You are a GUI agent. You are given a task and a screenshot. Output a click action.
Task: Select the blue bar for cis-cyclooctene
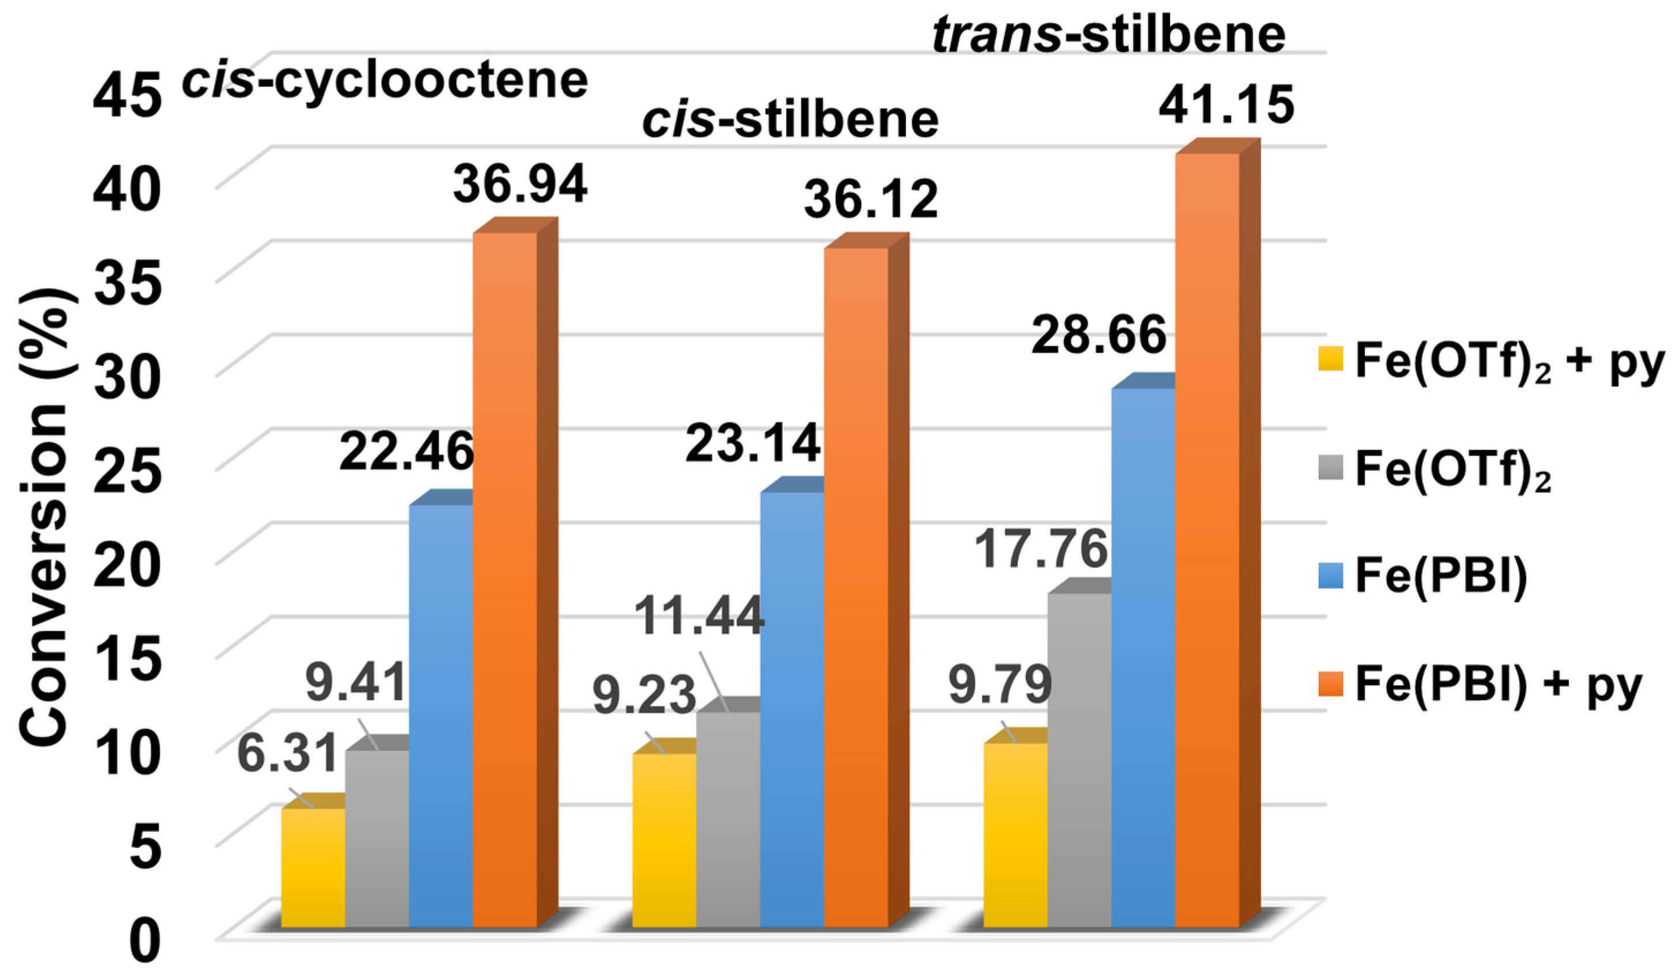pyautogui.click(x=440, y=716)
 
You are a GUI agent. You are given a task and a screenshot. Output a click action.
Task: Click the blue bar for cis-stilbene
pyautogui.click(x=791, y=710)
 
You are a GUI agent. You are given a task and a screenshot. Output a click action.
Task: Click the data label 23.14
pyautogui.click(x=752, y=444)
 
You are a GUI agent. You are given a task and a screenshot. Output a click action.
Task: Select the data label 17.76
pyautogui.click(x=1041, y=549)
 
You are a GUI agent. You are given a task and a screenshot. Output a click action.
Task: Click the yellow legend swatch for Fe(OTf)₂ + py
pyautogui.click(x=1330, y=360)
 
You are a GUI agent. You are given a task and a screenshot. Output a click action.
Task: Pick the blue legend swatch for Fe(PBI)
pyautogui.click(x=1330, y=577)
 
